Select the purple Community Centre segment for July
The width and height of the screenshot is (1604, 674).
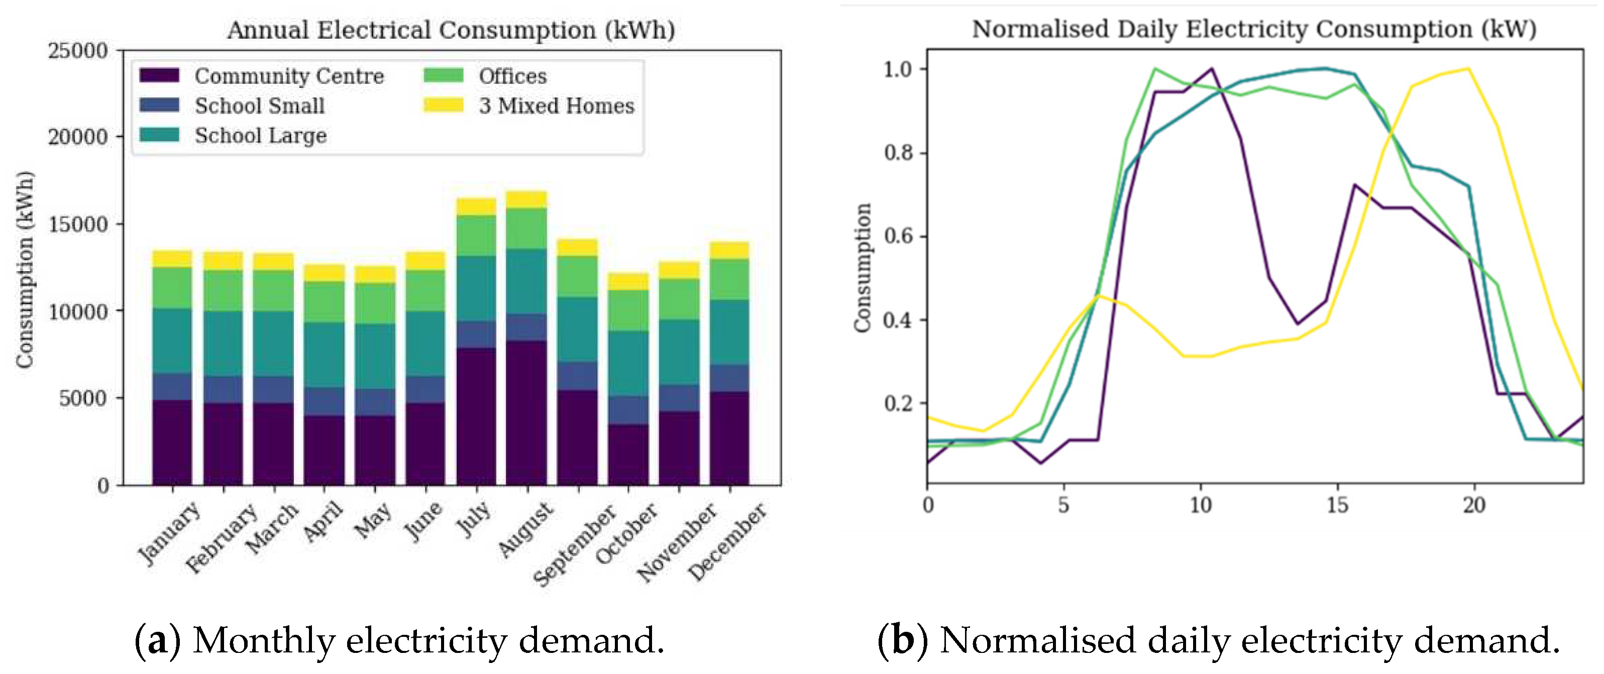point(476,416)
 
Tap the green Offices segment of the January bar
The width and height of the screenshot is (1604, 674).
point(172,287)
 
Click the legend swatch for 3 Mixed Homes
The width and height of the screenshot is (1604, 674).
point(444,105)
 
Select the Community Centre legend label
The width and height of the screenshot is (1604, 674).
point(289,76)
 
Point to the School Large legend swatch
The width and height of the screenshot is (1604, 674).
point(159,135)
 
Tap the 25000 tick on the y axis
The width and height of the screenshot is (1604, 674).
point(78,50)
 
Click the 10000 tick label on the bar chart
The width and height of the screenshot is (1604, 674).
point(78,311)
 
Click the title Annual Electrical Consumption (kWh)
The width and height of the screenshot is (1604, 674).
point(451,29)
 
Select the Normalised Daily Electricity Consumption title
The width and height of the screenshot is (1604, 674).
point(1254,29)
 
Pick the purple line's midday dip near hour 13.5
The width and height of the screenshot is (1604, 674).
point(1298,323)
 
